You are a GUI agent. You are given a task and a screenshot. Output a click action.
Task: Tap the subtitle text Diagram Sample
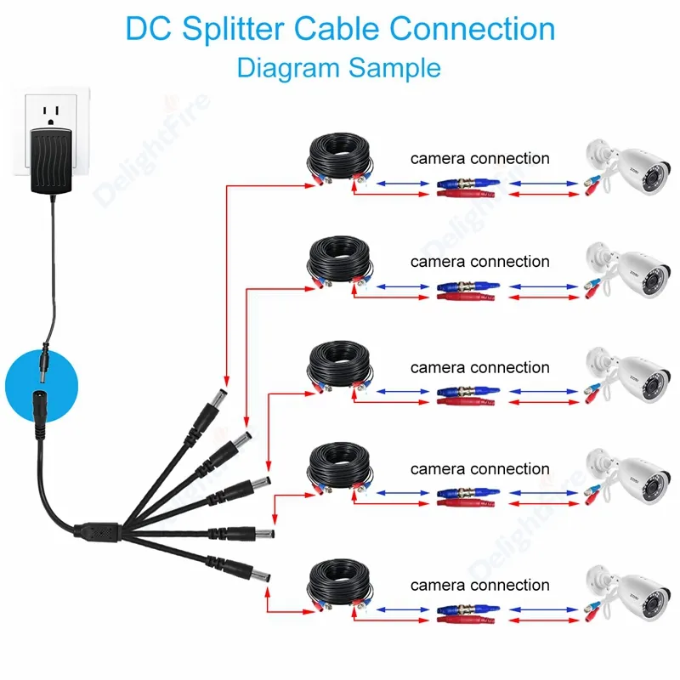[339, 67]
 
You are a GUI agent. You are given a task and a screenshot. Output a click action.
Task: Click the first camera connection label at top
[479, 158]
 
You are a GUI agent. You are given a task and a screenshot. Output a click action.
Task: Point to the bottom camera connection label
[479, 585]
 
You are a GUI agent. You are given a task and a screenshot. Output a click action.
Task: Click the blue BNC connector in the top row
[460, 184]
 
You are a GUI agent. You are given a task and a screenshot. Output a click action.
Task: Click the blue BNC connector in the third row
[460, 393]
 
